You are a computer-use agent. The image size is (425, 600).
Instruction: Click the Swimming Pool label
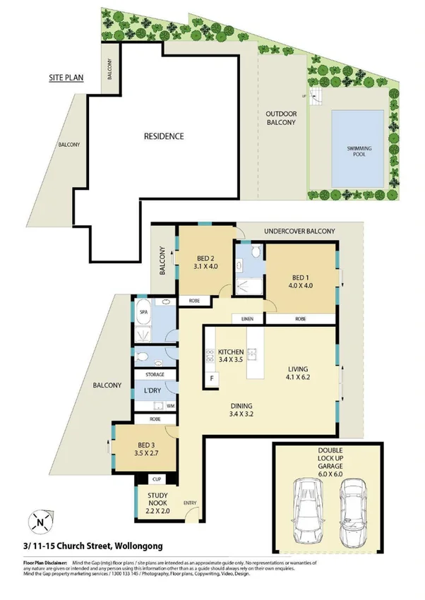(359, 151)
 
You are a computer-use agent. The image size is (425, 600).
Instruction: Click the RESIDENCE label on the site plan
(164, 136)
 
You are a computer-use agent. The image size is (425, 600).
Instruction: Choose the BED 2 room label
(205, 263)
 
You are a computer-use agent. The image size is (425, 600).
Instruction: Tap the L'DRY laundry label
(153, 390)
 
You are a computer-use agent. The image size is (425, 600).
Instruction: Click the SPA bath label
(143, 311)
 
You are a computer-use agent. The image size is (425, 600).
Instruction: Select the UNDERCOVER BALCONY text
(299, 232)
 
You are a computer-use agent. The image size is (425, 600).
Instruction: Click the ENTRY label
(191, 503)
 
